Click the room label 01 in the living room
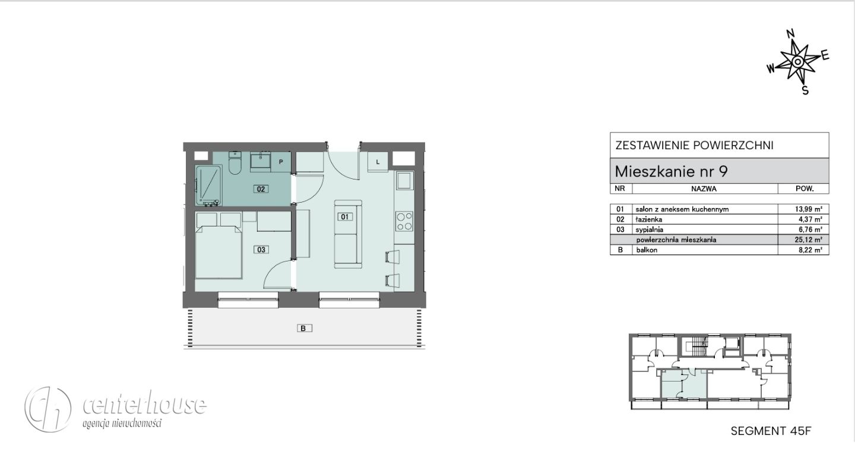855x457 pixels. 344,217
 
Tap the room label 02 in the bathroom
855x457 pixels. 261,189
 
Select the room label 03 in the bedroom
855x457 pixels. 261,250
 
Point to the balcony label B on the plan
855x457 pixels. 304,328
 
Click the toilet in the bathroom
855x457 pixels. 235,163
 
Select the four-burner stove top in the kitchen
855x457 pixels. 404,221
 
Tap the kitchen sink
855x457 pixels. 404,180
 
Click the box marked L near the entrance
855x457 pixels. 378,162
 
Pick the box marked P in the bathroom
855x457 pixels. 281,162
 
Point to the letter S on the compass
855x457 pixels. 805,90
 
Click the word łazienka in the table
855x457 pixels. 649,219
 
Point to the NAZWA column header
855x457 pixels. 704,189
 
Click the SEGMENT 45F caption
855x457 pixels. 771,431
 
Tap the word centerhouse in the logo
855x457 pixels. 145,404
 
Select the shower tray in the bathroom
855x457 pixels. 208,185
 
